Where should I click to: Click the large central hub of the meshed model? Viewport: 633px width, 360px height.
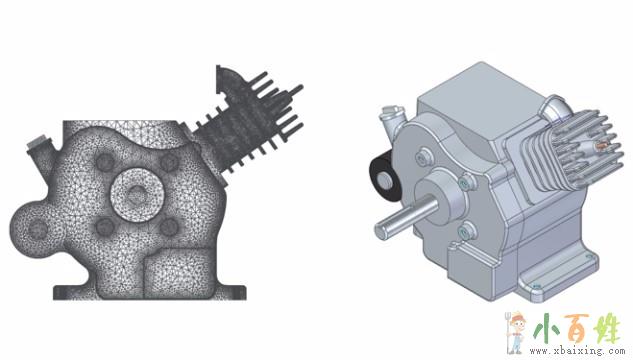pos(137,196)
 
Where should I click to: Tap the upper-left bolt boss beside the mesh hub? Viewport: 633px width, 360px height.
pos(105,162)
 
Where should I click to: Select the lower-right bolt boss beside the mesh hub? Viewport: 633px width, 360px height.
pos(169,227)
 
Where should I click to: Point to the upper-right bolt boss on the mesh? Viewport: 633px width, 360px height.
pos(169,162)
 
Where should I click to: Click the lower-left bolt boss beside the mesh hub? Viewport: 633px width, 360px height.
pos(105,227)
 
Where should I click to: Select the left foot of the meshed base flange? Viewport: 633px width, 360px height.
pos(75,293)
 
